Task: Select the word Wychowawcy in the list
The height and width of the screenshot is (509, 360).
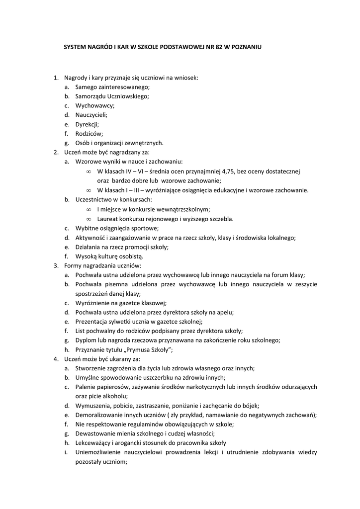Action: [95, 105]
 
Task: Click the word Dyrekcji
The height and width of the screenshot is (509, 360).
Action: [87, 124]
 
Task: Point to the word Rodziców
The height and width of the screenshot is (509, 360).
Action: [89, 133]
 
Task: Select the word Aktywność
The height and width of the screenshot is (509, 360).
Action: [91, 238]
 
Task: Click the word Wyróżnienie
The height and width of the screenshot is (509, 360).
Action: [93, 303]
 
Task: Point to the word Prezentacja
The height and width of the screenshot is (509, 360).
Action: [92, 321]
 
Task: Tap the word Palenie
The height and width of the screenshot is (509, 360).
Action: [85, 387]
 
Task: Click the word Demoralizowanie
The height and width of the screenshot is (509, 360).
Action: [98, 415]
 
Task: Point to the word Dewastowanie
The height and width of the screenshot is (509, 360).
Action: [94, 433]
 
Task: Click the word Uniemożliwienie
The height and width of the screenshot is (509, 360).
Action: [98, 452]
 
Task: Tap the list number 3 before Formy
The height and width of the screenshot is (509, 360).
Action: [56, 265]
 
